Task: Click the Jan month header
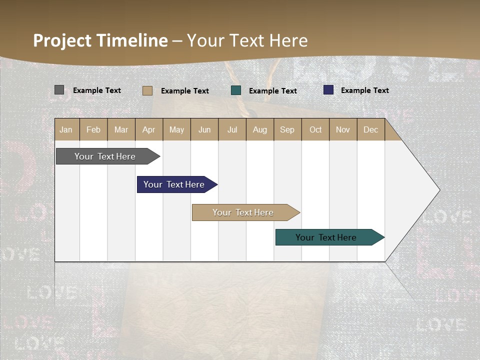[66, 129]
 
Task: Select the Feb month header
[93, 129]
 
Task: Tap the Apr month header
[148, 129]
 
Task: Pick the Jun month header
[204, 129]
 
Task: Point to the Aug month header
[259, 129]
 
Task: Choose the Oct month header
[315, 129]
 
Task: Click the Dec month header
[370, 129]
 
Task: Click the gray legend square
[59, 90]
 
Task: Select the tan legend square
[147, 90]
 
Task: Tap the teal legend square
[236, 90]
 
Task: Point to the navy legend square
[328, 90]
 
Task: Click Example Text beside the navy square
[364, 90]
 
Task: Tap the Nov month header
[342, 129]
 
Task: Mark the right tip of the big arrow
[439, 190]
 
